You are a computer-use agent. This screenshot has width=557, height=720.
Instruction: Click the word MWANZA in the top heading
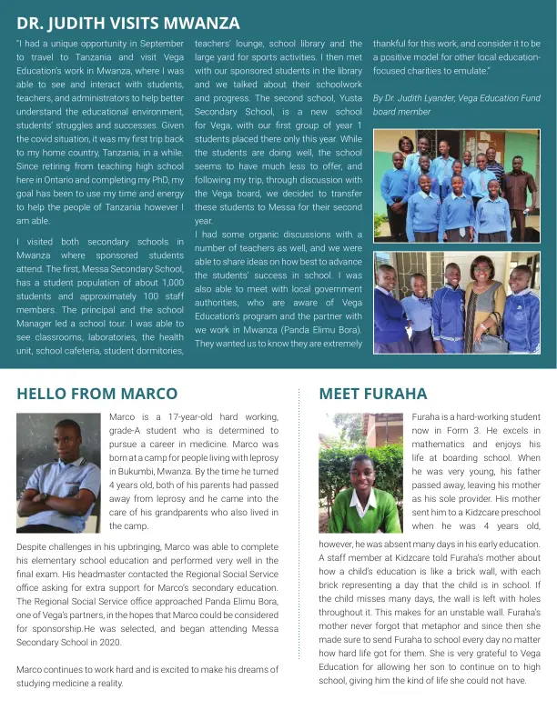coord(196,23)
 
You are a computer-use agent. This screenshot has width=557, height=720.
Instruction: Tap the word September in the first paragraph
coord(160,44)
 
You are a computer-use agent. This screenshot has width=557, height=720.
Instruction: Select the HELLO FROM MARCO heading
coord(91,394)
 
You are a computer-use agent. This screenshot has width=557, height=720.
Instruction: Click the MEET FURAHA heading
coord(372,394)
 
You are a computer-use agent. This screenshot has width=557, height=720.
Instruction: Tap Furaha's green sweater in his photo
coord(361,509)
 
